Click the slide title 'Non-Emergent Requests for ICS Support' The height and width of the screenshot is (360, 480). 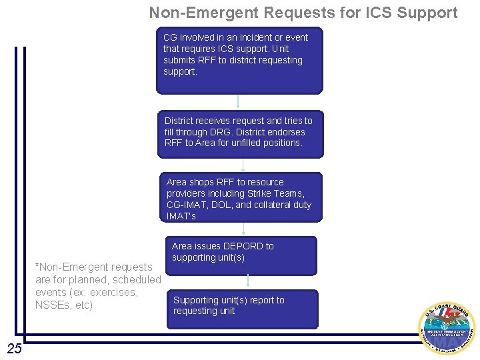point(303,13)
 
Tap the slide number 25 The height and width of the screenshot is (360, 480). point(14,348)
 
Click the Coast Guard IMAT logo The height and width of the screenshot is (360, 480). point(446,329)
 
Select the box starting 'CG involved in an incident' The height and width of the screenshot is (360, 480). point(239,60)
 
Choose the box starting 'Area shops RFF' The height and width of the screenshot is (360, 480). point(243,197)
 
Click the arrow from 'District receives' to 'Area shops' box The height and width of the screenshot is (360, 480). point(243,165)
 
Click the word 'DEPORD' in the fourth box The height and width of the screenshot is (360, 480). point(243,246)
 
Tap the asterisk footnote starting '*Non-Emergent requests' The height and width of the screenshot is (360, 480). point(97,286)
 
